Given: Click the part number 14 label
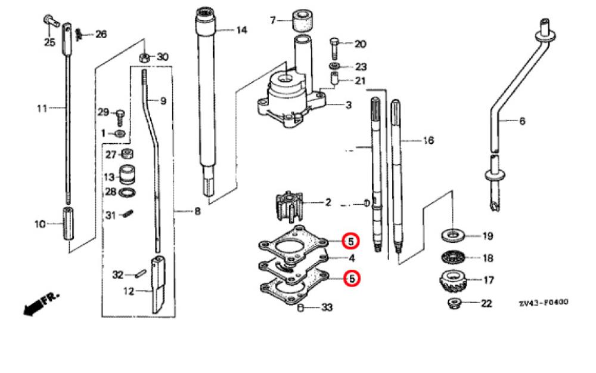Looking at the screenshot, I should (x=241, y=30).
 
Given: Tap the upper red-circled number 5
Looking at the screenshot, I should (x=352, y=242).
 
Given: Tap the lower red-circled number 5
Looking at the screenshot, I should (x=352, y=278).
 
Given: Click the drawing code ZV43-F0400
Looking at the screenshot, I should (x=543, y=303).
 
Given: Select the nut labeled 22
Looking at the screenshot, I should (x=454, y=304).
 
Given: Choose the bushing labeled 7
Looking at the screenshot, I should (x=302, y=19).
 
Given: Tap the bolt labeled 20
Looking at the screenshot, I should (x=335, y=44).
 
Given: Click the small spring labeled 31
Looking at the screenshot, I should (x=127, y=214).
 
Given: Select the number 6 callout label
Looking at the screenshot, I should (x=523, y=121).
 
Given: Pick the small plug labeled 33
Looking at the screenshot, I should (x=302, y=308).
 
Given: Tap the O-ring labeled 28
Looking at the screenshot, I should (x=127, y=192).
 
